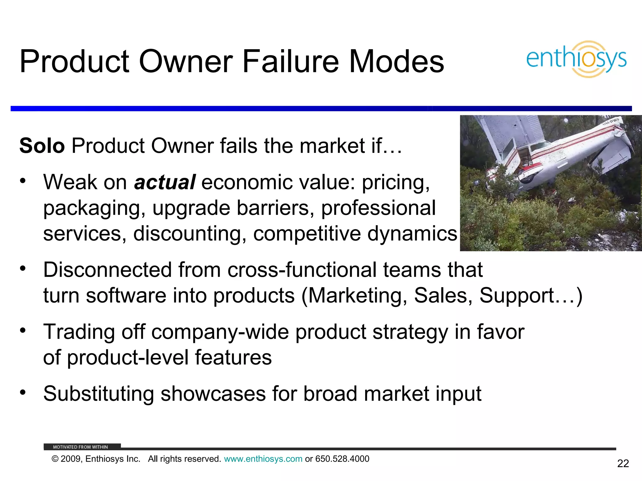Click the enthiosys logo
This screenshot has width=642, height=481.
[x=576, y=59]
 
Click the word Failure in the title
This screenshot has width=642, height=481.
[x=290, y=61]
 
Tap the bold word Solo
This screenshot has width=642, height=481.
[x=42, y=146]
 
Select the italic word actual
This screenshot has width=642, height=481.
[x=165, y=182]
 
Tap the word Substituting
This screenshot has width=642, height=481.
[x=98, y=394]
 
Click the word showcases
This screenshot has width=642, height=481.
[x=213, y=394]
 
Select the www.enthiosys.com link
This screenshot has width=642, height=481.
[x=263, y=459]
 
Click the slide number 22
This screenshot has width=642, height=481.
[x=623, y=463]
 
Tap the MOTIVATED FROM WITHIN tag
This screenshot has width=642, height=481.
[x=81, y=447]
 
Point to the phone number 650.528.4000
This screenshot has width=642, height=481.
[x=342, y=459]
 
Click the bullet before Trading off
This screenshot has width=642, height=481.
[x=23, y=330]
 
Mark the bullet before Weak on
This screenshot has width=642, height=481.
[x=23, y=181]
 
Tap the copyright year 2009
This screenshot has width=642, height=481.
[x=71, y=459]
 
